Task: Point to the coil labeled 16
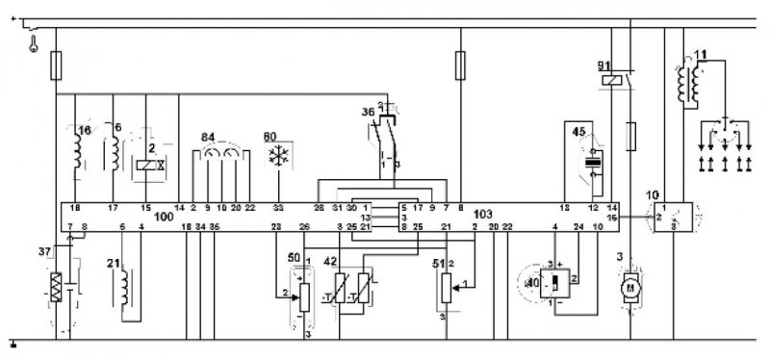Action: [78, 152]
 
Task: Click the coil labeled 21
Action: [125, 285]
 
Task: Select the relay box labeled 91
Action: [611, 81]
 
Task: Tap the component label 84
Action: [207, 138]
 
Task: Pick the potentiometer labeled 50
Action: [303, 294]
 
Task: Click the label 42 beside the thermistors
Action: [330, 260]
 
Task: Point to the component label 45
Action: [577, 131]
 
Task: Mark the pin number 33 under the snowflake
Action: [278, 207]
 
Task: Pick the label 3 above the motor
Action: [621, 258]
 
